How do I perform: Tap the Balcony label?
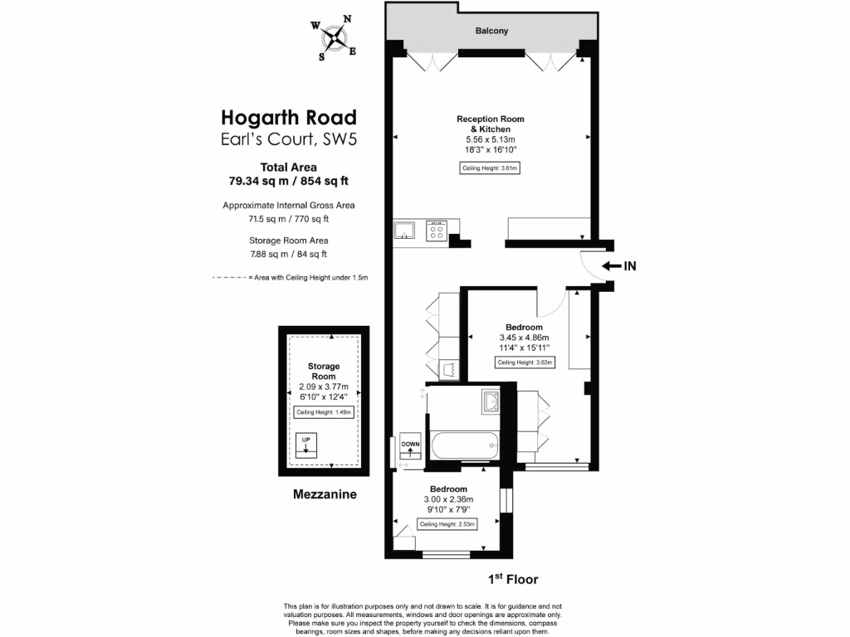pyautogui.click(x=491, y=32)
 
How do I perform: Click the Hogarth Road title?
pyautogui.click(x=289, y=117)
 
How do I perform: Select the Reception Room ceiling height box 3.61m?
pyautogui.click(x=490, y=169)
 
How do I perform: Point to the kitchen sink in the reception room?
pyautogui.click(x=405, y=231)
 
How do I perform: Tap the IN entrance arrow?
pyautogui.click(x=619, y=266)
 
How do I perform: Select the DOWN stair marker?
pyautogui.click(x=411, y=447)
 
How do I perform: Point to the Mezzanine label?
pyautogui.click(x=325, y=494)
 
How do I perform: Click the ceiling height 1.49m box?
pyautogui.click(x=324, y=412)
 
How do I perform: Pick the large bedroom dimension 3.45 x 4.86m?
pyautogui.click(x=524, y=338)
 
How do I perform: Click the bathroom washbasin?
pyautogui.click(x=490, y=402)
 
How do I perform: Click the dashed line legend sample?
pyautogui.click(x=228, y=278)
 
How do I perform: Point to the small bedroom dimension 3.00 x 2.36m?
pyautogui.click(x=447, y=499)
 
